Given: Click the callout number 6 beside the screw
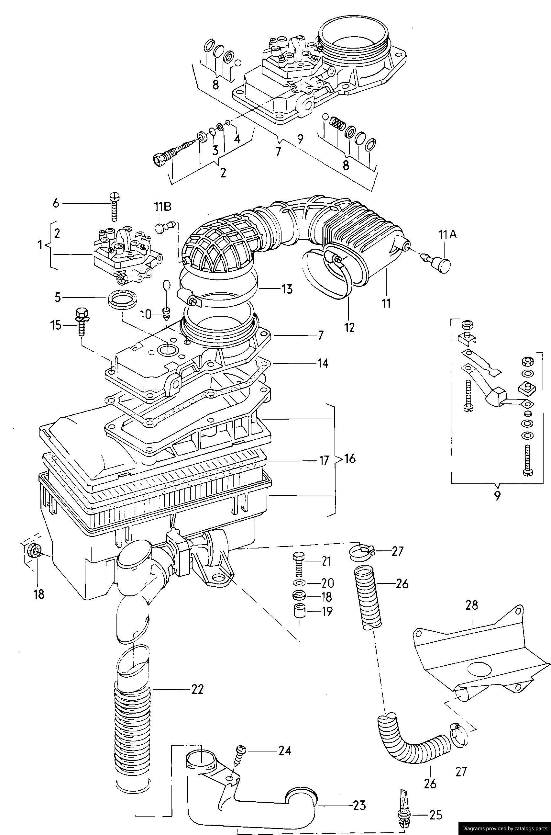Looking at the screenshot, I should point(56,203).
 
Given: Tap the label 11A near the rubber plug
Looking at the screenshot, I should point(447,234).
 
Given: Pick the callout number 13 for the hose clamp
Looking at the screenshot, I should point(287,289).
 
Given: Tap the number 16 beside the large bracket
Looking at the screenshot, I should point(350,458).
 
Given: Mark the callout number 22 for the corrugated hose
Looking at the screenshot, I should point(197,690).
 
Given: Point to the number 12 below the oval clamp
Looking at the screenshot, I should point(350,327).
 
